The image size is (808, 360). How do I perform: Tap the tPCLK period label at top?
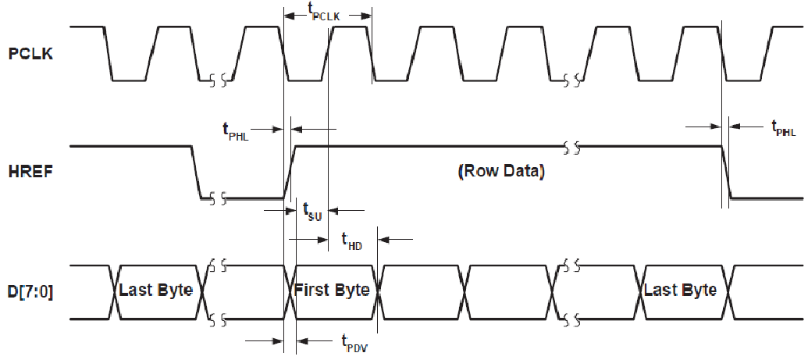click(327, 12)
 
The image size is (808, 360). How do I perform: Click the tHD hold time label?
click(352, 240)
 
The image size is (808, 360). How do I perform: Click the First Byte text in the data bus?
click(331, 290)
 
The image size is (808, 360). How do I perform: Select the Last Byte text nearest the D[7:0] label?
click(156, 290)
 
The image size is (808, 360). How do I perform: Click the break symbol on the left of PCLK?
click(218, 80)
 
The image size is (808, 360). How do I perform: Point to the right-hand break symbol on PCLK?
click(573, 80)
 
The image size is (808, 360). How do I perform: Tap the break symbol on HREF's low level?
click(218, 198)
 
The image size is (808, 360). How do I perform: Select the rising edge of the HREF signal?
click(287, 172)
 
